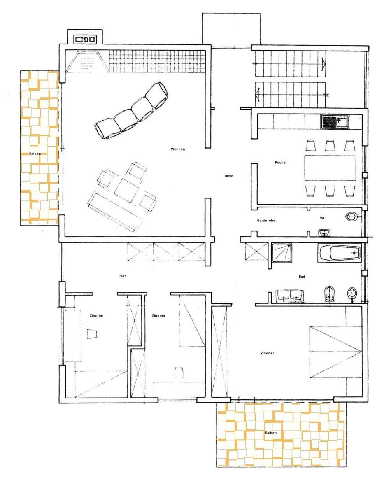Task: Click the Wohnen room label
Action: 178,149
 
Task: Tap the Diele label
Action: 228,176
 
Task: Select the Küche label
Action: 280,162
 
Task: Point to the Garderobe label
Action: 266,220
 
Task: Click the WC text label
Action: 322,218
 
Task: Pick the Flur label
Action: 123,276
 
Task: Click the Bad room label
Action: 302,277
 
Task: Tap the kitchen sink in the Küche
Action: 335,122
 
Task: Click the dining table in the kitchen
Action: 330,168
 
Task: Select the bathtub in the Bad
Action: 339,252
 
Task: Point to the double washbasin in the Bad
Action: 290,296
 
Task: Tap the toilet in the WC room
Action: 351,217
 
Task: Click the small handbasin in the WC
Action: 324,233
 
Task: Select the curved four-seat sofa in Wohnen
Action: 132,110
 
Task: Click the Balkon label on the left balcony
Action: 35,154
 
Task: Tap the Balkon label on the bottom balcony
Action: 271,433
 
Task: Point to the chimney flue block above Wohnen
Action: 85,40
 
